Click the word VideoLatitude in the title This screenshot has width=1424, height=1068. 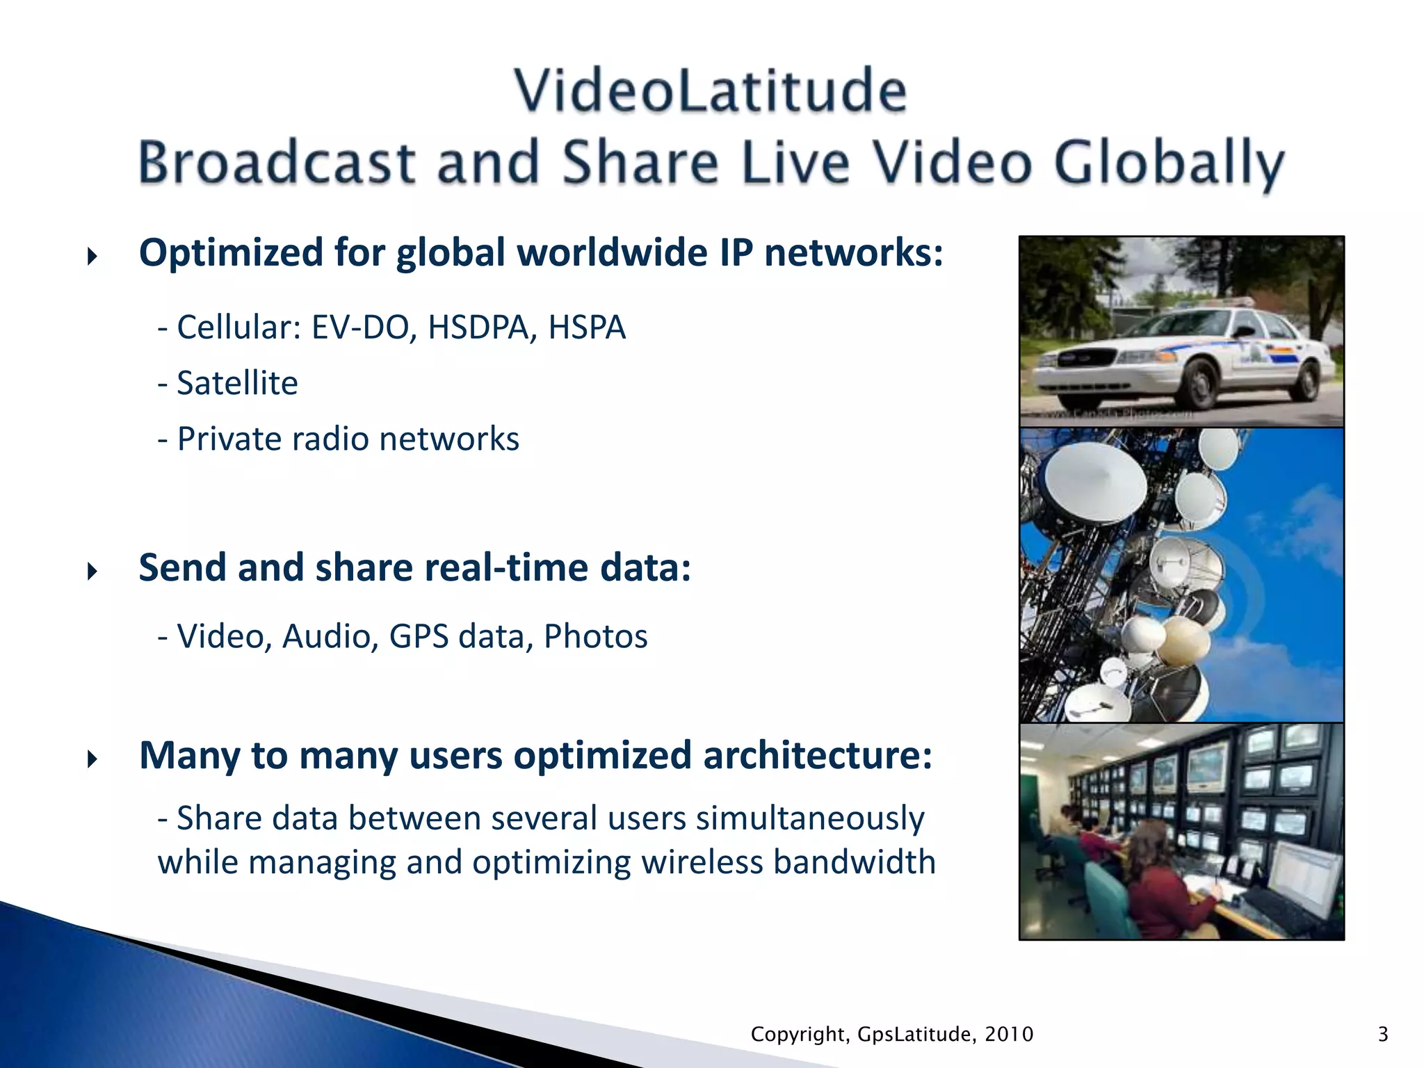click(x=711, y=90)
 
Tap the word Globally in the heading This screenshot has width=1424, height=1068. click(x=1169, y=163)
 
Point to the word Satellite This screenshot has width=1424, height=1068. click(x=237, y=383)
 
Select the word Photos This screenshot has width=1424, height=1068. click(x=595, y=636)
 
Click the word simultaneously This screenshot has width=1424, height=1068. click(x=810, y=819)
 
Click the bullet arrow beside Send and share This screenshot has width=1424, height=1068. click(x=92, y=572)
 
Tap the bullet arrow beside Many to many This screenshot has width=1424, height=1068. click(x=92, y=759)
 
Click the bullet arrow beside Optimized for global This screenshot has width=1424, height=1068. click(x=92, y=257)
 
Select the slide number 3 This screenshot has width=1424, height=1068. click(x=1383, y=1035)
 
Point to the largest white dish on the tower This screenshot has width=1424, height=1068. click(x=1096, y=482)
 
